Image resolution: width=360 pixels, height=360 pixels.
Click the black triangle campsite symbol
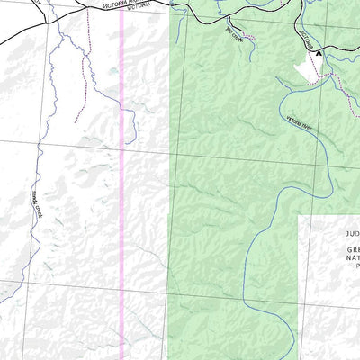[318, 54]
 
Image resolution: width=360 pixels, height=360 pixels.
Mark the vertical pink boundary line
[121, 225]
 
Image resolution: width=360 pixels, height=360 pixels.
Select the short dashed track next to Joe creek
[249, 38]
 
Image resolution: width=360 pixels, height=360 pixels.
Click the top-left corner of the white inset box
[300, 215]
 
